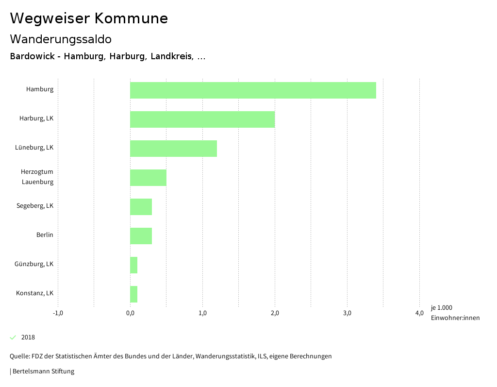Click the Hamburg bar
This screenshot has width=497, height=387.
(253, 90)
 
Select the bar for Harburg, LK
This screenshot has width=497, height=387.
(202, 119)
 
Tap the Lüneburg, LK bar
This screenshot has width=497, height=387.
(173, 149)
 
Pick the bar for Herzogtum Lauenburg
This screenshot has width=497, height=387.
(148, 178)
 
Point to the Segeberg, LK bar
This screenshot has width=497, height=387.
(141, 207)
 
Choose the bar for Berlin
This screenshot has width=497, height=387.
(141, 236)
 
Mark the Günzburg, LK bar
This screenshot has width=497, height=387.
(133, 265)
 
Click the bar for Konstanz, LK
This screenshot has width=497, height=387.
(133, 294)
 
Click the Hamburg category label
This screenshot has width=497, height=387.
(40, 89)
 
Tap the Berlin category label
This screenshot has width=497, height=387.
(45, 235)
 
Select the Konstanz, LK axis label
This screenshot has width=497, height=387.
(34, 293)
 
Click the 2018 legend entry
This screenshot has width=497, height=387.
(28, 337)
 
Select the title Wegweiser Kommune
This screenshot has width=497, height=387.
(89, 18)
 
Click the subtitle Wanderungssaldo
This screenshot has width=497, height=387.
(61, 39)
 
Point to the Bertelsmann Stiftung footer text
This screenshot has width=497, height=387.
(43, 371)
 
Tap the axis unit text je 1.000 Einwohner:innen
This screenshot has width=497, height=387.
(455, 313)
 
